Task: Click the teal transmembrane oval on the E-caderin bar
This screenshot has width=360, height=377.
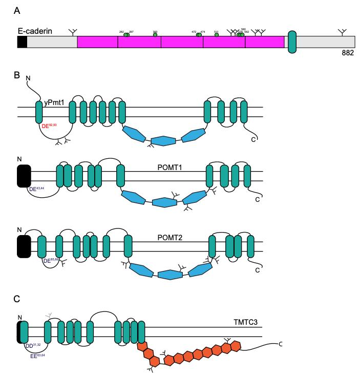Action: (x=292, y=41)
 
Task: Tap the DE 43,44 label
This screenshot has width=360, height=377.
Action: (x=38, y=189)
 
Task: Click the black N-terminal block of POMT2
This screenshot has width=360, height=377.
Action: (x=24, y=246)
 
